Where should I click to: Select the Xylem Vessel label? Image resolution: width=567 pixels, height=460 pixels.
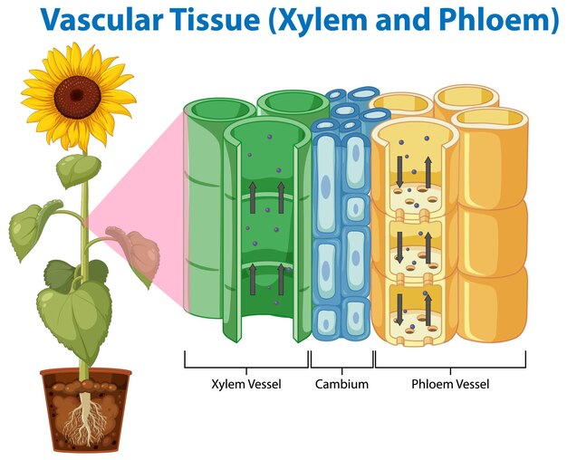tap(246, 384)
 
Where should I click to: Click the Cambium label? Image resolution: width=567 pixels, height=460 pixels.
tap(341, 384)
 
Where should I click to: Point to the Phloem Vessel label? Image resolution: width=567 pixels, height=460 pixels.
tap(450, 384)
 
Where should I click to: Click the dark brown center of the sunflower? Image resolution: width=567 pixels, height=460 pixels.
tap(77, 97)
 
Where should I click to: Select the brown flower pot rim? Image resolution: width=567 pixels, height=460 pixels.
tap(86, 373)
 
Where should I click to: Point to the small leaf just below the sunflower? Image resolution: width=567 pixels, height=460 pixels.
tap(78, 170)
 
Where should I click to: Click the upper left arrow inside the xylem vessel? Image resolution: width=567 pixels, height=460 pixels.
tap(253, 197)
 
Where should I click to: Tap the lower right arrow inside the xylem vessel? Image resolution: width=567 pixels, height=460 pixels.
tap(281, 279)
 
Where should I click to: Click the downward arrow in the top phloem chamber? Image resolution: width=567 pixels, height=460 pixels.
tap(399, 172)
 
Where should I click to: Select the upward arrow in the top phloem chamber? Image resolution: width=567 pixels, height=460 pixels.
tap(428, 172)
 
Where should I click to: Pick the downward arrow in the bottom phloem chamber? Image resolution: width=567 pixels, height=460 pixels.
tap(399, 309)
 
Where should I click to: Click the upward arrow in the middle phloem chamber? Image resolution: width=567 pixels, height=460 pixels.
tap(428, 248)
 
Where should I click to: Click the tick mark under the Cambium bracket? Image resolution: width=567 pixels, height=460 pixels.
tap(341, 371)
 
